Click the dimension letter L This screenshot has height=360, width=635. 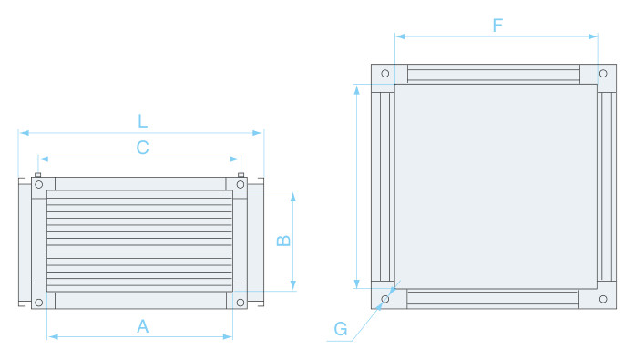click(x=142, y=121)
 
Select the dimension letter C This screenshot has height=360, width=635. click(x=142, y=148)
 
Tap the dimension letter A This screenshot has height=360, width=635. click(x=142, y=326)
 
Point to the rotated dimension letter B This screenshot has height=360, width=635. click(x=283, y=241)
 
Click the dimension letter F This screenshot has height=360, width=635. click(x=497, y=26)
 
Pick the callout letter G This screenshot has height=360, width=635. click(x=341, y=329)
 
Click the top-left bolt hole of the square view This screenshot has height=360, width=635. click(x=385, y=73)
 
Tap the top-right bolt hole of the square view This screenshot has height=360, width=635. click(x=603, y=73)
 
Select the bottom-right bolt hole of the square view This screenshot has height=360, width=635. click(x=603, y=299)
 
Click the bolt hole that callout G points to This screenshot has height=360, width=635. click(x=385, y=299)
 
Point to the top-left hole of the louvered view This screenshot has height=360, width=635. click(x=39, y=185)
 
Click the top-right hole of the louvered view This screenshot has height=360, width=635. click(x=241, y=185)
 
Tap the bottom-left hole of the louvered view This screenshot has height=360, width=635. click(x=39, y=302)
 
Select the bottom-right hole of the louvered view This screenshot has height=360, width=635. click(x=241, y=302)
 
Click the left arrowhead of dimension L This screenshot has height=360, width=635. click(x=25, y=133)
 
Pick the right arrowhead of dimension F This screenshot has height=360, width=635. click(x=593, y=36)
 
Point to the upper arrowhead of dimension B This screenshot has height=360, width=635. click(x=292, y=196)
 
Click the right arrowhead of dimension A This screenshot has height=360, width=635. click(x=228, y=336)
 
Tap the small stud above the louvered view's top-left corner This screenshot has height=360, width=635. click(x=38, y=175)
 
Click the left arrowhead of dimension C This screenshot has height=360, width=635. click(x=44, y=159)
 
